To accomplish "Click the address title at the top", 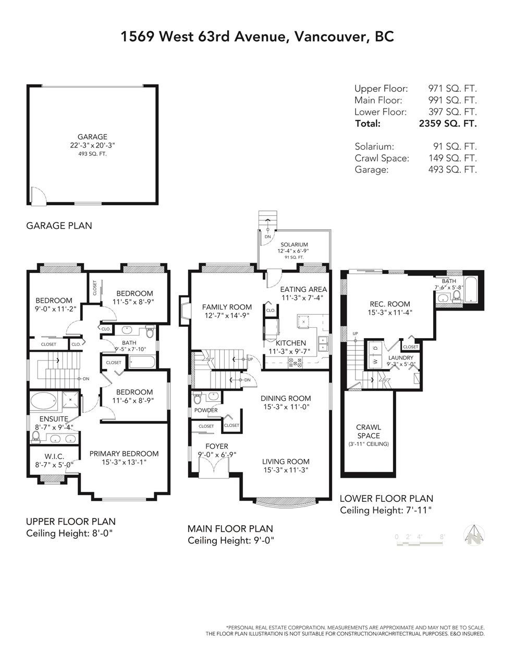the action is [257, 36].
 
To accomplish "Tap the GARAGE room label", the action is [92, 137].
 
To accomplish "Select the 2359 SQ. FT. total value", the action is [448, 123].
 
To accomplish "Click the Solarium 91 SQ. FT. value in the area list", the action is [455, 146].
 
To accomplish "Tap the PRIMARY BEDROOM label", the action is [124, 454].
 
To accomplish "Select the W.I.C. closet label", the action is [54, 456].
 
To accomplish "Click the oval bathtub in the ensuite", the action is [44, 401].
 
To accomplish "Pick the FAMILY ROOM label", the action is [227, 307].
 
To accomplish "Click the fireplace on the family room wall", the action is [185, 311].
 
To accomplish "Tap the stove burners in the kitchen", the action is [295, 363].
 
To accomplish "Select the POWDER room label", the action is [206, 410].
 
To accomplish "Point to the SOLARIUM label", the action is [295, 244].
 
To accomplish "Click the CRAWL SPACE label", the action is [369, 431].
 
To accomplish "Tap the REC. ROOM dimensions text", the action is [390, 313].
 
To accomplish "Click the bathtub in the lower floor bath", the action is [471, 290].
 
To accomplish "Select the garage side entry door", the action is [39, 195].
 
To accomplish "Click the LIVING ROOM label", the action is [286, 461].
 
